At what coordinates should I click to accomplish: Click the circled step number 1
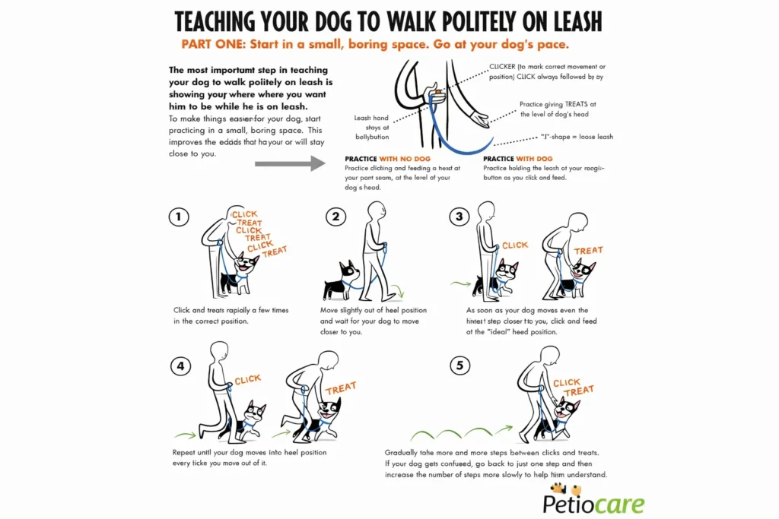(178, 217)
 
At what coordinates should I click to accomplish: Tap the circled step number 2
(336, 217)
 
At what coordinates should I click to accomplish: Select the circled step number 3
(459, 217)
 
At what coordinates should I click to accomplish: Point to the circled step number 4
(180, 366)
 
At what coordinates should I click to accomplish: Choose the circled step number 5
(459, 366)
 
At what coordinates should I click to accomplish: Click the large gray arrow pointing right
(290, 163)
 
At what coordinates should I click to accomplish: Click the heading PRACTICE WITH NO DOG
(388, 159)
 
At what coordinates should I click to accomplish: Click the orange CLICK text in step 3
(514, 245)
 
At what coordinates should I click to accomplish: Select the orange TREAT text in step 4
(340, 388)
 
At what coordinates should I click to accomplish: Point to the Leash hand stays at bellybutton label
(372, 128)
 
